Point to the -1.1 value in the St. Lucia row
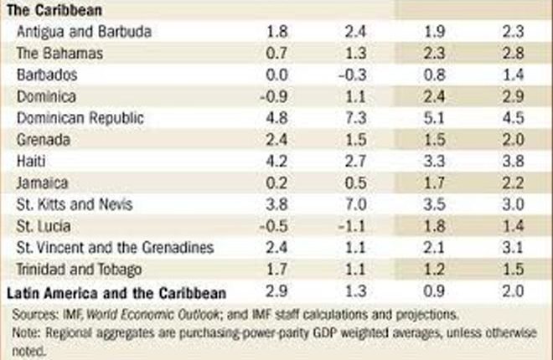pyautogui.click(x=353, y=225)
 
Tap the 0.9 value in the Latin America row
pyautogui.click(x=433, y=292)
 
